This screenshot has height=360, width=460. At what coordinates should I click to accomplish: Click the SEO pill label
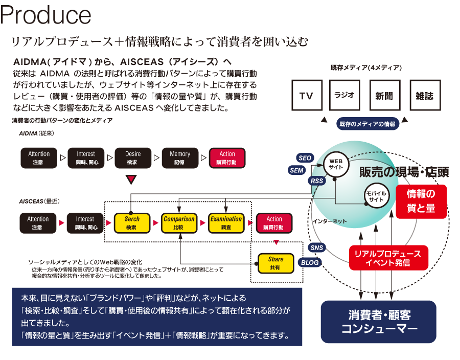coord(305,158)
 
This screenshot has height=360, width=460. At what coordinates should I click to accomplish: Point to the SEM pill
coord(296,170)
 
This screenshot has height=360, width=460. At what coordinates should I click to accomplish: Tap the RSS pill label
coord(317,181)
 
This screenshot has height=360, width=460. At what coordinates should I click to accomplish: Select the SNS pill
coord(317,247)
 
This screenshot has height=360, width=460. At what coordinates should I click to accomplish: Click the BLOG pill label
coord(310,262)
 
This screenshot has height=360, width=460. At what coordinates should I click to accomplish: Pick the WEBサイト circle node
coord(336,164)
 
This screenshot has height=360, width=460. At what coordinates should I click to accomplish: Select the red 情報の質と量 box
coord(421,201)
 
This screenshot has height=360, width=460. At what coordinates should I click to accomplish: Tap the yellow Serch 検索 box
coord(132,222)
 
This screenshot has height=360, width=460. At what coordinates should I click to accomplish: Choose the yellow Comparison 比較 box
coord(179,222)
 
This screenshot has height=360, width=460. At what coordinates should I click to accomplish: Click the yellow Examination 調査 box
coord(226,222)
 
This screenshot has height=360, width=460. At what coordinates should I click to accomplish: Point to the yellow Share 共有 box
coord(275,263)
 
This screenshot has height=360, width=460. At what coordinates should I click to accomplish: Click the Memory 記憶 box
coord(180,157)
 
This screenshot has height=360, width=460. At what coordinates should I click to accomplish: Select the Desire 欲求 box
coord(133,157)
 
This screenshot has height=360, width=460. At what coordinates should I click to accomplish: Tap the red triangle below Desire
coord(132,179)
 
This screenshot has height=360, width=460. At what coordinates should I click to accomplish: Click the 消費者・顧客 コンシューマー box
coord(378,322)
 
